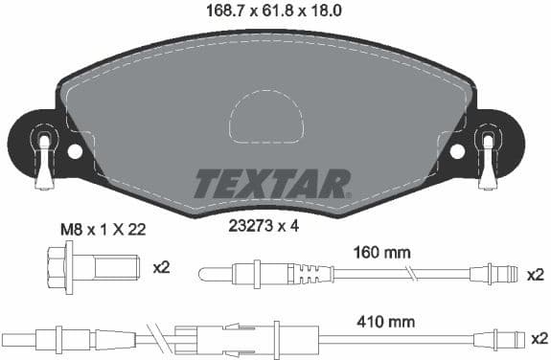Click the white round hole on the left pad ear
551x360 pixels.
pos(76,151)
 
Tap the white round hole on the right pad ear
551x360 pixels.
pos(457,151)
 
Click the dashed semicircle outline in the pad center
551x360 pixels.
pos(265,117)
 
